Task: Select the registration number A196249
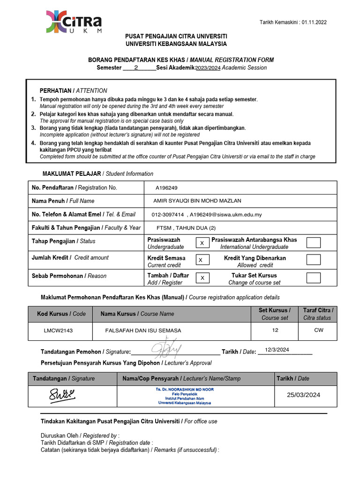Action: click(166, 188)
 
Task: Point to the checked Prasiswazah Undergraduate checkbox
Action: click(202, 243)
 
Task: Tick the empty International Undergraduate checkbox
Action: click(313, 242)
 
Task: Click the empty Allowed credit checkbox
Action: click(313, 260)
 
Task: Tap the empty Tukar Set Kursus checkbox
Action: click(313, 277)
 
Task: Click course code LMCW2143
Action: click(58, 330)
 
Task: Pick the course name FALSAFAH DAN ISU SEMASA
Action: click(143, 330)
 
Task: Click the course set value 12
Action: click(275, 330)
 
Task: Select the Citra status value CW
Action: click(318, 330)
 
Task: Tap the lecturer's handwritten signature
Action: click(62, 396)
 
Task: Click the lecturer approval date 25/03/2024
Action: click(304, 395)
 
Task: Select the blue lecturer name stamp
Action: click(185, 396)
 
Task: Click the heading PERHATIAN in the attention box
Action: click(55, 90)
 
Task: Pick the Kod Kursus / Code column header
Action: click(59, 314)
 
